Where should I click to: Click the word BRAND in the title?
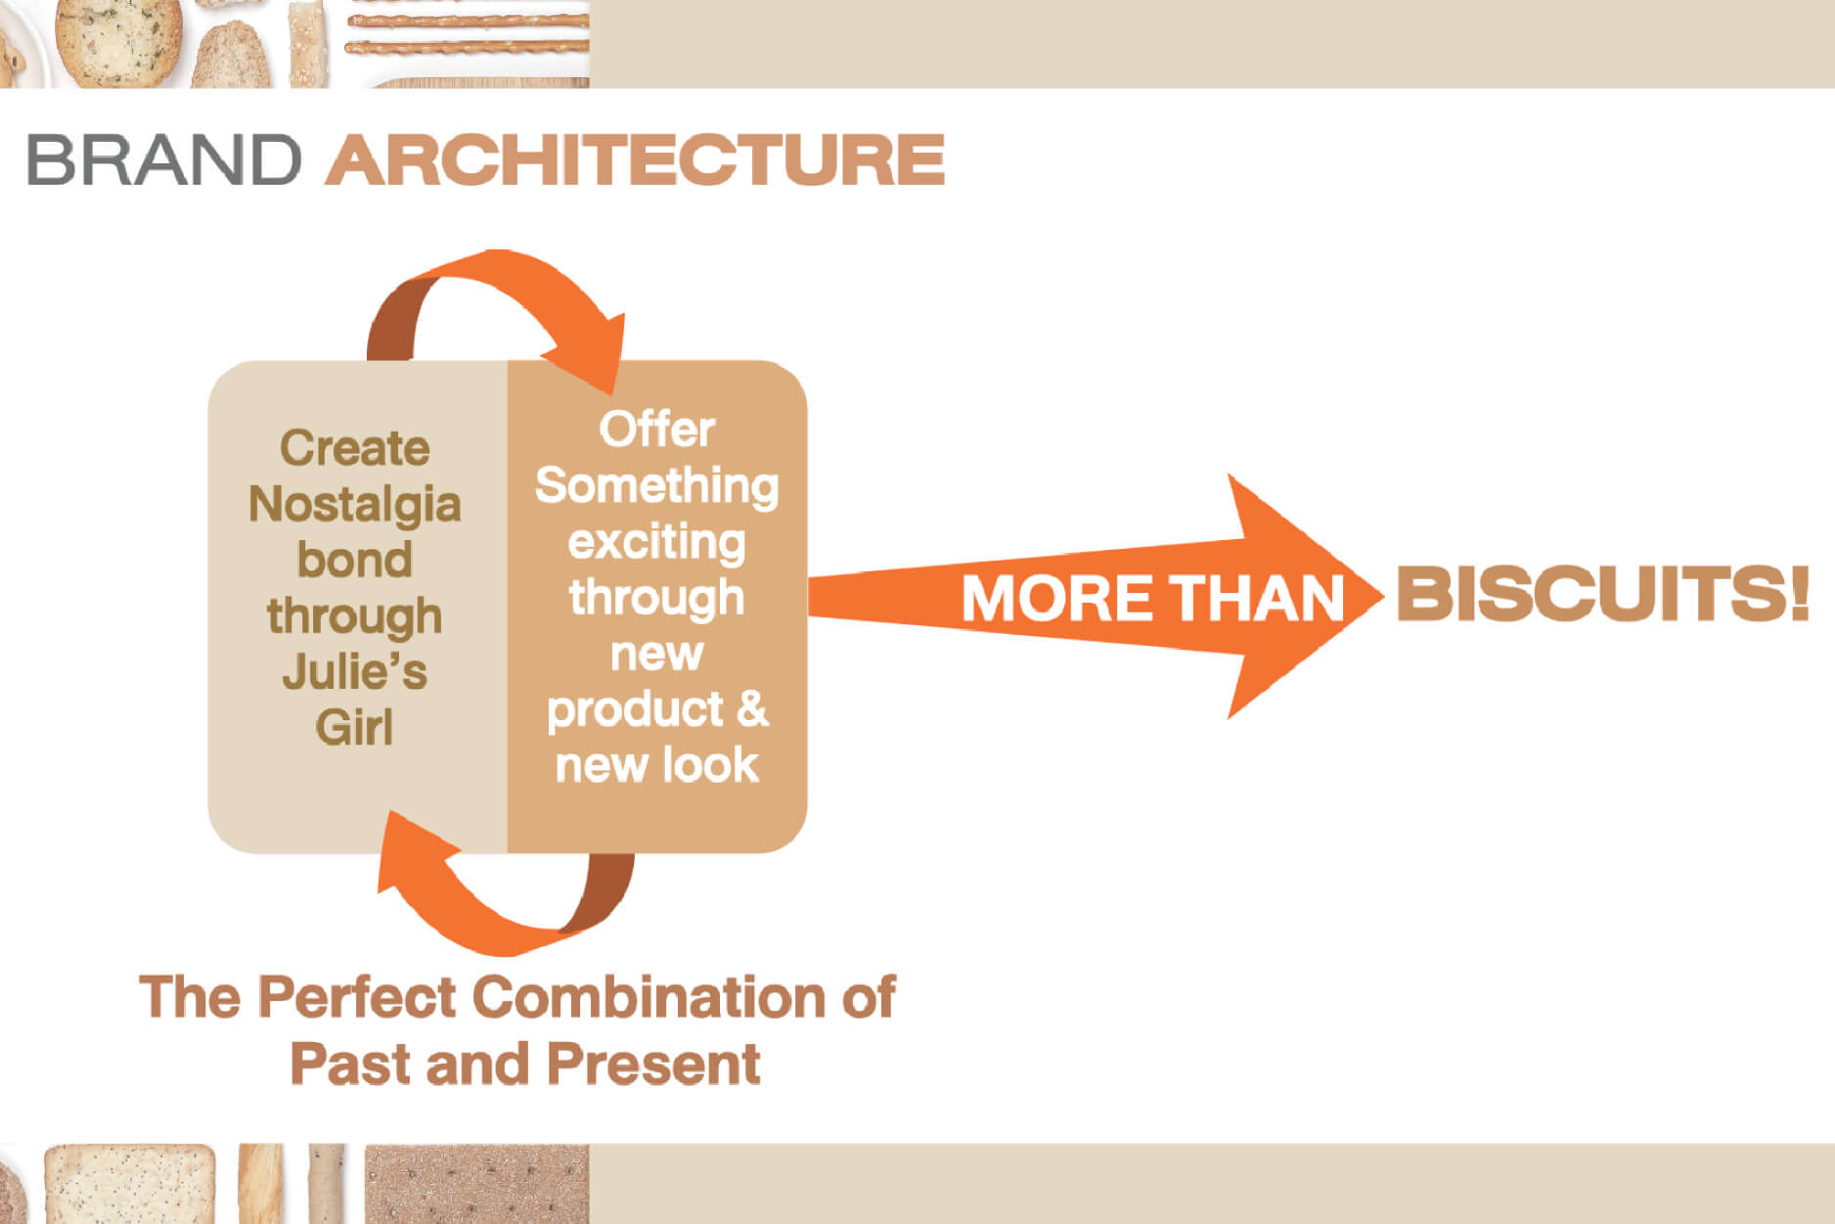(163, 159)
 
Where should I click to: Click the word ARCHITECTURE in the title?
(635, 159)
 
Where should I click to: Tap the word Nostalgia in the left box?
(354, 505)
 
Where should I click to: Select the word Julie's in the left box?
(354, 672)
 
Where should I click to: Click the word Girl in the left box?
(354, 728)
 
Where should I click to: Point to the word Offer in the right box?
(656, 430)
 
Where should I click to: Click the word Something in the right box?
(656, 486)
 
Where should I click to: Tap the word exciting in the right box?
(656, 542)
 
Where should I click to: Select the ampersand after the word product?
(752, 707)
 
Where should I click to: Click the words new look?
(656, 764)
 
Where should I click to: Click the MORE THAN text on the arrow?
(1152, 598)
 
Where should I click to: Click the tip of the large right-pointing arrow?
(1382, 595)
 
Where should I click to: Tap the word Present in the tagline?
(653, 1064)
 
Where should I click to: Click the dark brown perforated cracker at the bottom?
(476, 1184)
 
